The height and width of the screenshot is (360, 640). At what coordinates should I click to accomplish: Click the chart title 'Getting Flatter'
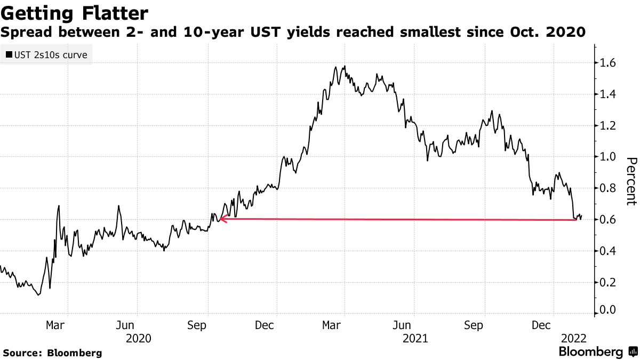[75, 12]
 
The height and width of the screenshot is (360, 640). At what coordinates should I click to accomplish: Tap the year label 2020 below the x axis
[139, 338]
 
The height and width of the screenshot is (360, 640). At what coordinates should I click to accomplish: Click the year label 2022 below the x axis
[574, 338]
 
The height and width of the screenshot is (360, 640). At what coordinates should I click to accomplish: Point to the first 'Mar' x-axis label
[55, 325]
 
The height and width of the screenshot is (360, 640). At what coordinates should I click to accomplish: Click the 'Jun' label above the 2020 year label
[125, 325]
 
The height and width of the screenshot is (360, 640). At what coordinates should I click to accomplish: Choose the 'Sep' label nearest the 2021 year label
[474, 325]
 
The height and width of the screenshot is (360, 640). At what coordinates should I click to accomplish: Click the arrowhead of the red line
[222, 218]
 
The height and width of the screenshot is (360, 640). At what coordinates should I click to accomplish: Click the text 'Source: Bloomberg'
[52, 353]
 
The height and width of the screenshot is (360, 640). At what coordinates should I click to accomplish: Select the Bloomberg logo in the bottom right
[597, 352]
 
